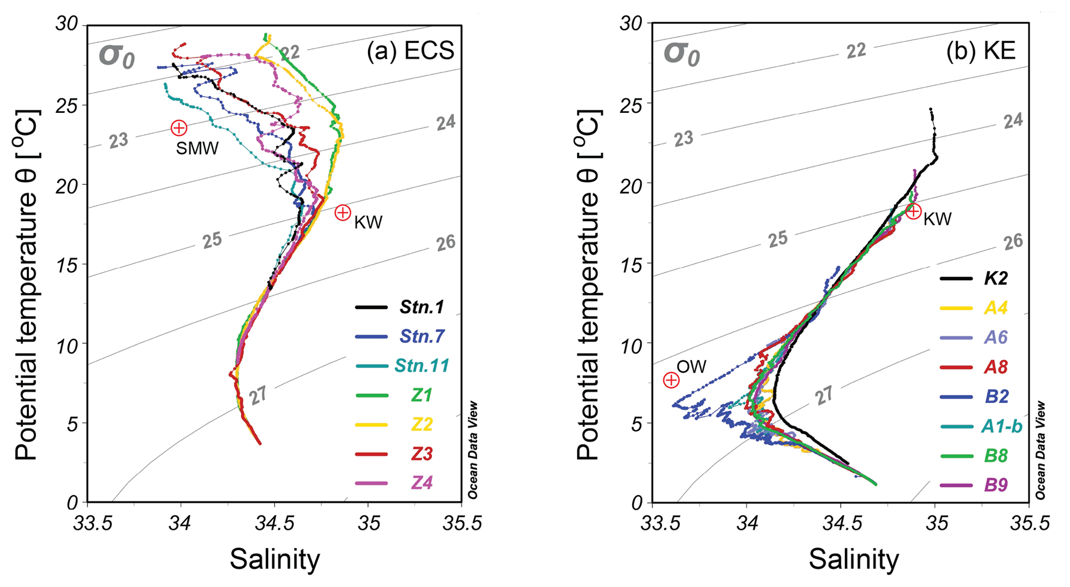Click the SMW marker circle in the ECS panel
[179, 127]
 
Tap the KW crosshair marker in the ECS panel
[343, 212]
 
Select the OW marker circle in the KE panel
[671, 380]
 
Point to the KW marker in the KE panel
[913, 211]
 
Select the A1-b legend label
[1002, 426]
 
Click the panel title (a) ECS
[411, 51]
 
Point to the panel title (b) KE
[980, 51]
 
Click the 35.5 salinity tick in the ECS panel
[462, 523]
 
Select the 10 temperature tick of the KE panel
[632, 344]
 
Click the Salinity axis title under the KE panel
[854, 560]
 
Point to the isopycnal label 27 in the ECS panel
[258, 396]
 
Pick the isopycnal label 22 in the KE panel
[856, 51]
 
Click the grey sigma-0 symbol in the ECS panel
[116, 56]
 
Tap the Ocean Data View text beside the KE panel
[1041, 450]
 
